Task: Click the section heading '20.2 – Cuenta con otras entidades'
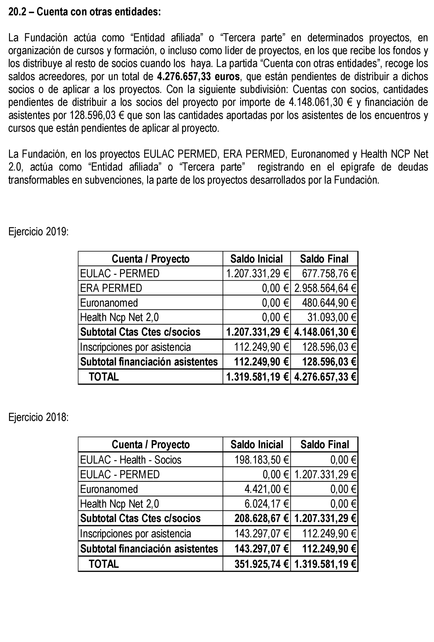[x=84, y=12]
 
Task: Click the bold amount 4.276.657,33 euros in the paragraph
[x=198, y=77]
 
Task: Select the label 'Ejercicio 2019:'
[x=38, y=231]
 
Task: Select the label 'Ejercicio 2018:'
[x=38, y=417]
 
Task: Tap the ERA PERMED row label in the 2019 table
[x=111, y=288]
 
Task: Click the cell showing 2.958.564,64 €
[x=325, y=288]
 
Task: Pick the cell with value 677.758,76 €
[x=329, y=274]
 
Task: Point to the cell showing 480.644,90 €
[x=329, y=303]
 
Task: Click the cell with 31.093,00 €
[x=332, y=317]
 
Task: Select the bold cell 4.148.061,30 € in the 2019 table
[x=325, y=332]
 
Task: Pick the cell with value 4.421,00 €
[x=266, y=489]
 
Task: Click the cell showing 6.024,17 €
[x=266, y=504]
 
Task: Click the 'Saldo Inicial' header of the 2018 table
[x=257, y=444]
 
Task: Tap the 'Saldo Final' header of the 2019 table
[x=324, y=259]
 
